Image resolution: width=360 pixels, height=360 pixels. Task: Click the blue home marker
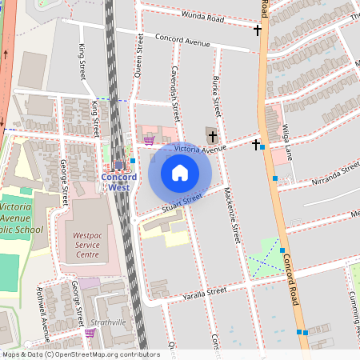pyautogui.click(x=180, y=173)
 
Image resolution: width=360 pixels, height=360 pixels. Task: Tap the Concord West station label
pyautogui.click(x=118, y=181)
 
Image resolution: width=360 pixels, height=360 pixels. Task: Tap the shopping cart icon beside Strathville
pyautogui.click(x=90, y=333)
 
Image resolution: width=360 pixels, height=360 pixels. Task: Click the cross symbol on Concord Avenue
pyautogui.click(x=257, y=30)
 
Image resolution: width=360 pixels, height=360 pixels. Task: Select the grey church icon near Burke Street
pyautogui.click(x=211, y=134)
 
